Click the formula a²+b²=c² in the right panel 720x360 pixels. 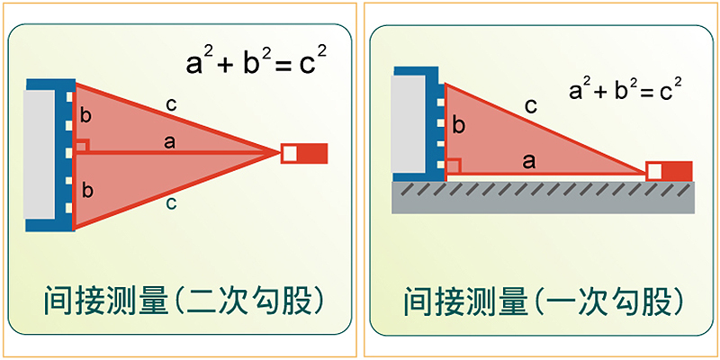point(625,88)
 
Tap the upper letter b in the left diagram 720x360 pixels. point(85,116)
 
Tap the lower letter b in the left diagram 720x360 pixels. point(85,190)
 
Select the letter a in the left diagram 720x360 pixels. point(170,143)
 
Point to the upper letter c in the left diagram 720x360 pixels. point(171,105)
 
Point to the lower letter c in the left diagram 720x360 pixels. point(171,203)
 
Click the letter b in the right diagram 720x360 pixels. point(458,125)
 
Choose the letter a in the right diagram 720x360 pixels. point(529,162)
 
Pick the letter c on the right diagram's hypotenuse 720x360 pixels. point(531,107)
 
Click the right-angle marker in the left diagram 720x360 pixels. point(82,146)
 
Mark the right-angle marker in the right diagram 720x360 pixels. point(454,166)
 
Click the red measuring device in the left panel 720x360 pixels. point(304,153)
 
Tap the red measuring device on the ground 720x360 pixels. point(669,171)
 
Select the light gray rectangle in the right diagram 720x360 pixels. point(408,124)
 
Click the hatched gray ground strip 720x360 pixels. point(544,197)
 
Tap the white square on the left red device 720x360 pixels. point(289,154)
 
